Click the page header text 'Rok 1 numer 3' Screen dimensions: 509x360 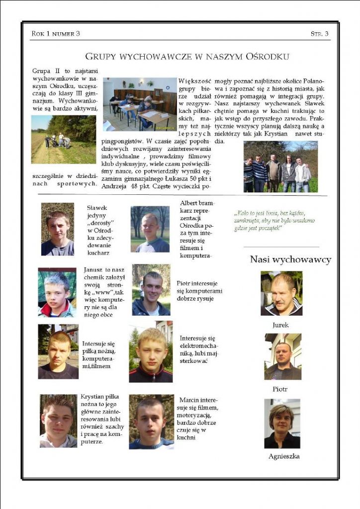[55, 34]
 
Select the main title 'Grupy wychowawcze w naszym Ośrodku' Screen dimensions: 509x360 [187, 57]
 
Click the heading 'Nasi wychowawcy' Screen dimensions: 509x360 [290, 259]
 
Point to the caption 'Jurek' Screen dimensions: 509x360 [280, 325]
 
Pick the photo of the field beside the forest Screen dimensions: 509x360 [63, 140]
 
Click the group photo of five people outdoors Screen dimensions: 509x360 [280, 167]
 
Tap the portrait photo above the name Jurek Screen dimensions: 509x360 [281, 294]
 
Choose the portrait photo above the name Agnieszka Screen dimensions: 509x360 [282, 424]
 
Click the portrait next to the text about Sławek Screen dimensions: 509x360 [58, 229]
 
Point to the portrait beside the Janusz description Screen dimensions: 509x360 [57, 292]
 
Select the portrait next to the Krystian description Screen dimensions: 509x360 [58, 421]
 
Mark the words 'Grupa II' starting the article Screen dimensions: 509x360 [44, 71]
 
